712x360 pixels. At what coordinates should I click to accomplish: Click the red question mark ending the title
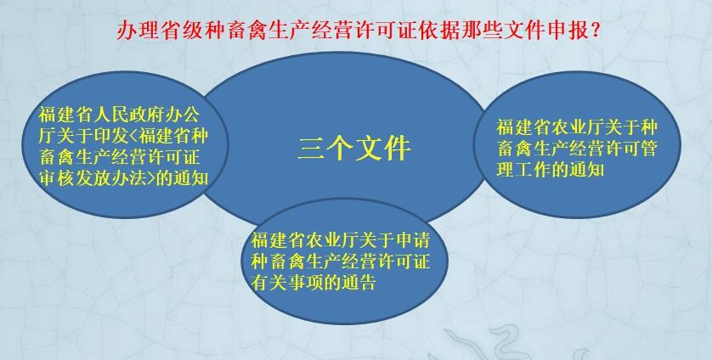(x=596, y=31)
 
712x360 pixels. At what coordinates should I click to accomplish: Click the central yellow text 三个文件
(x=354, y=148)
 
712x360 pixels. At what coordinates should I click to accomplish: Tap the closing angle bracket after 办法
(x=150, y=179)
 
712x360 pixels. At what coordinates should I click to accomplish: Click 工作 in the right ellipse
(x=531, y=169)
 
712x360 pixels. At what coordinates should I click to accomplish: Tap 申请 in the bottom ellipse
(x=412, y=240)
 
